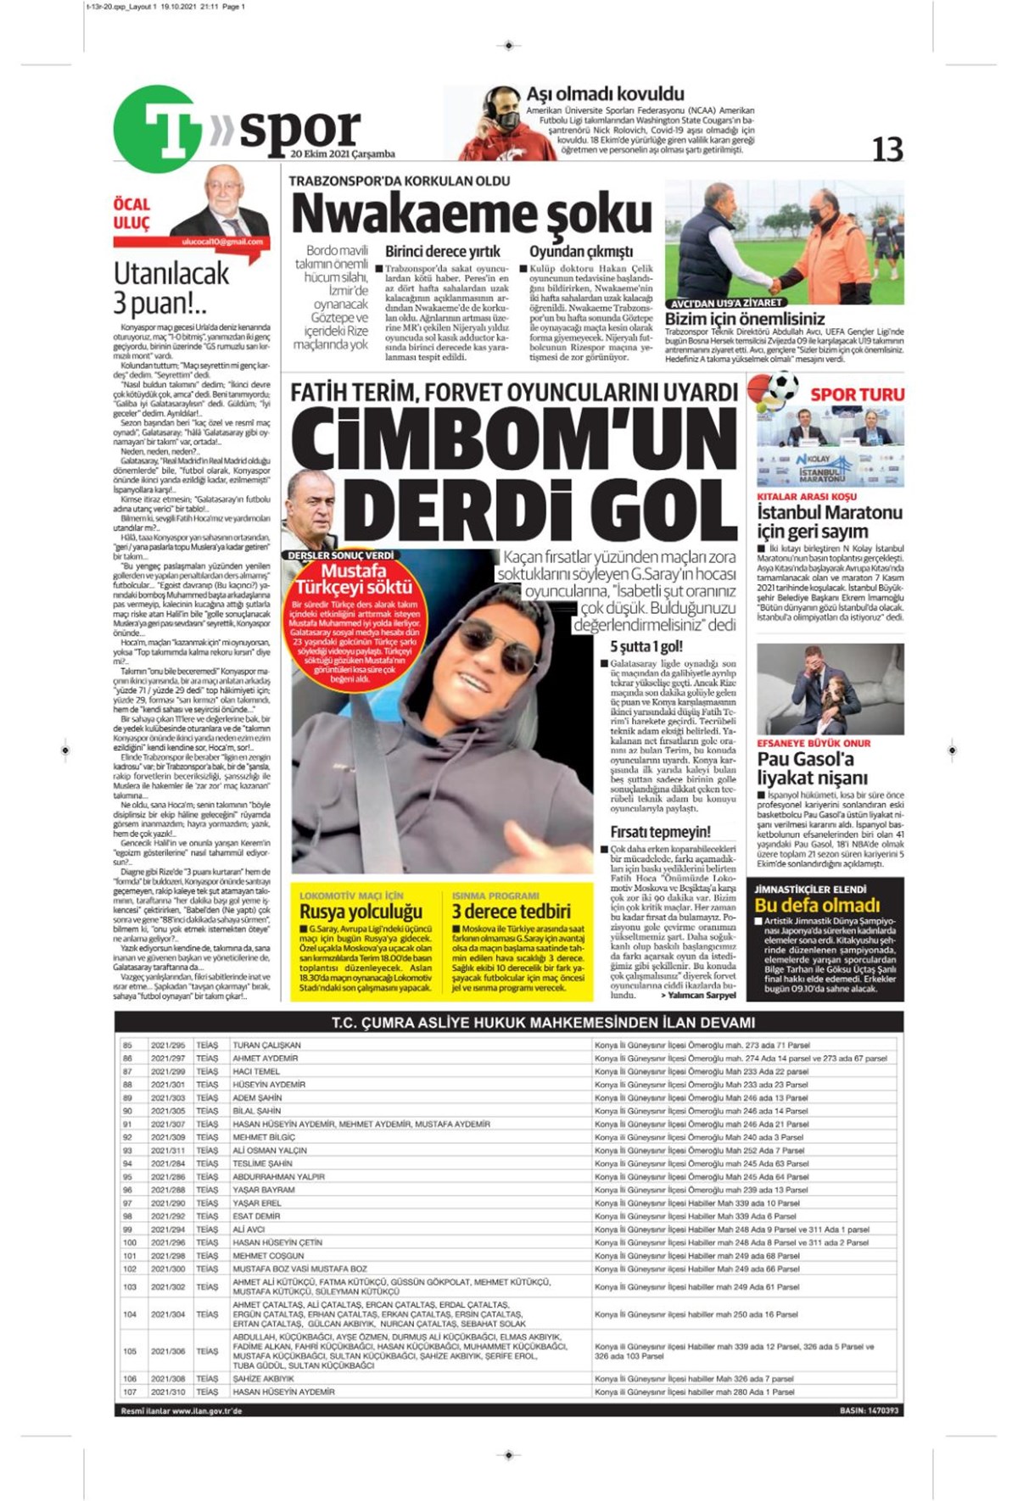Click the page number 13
click(887, 149)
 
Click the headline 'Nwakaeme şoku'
click(471, 214)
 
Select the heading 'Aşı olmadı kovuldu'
click(605, 93)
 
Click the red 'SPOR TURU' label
click(857, 394)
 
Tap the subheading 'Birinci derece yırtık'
click(442, 251)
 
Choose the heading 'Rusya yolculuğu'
click(361, 912)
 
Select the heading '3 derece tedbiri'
click(511, 912)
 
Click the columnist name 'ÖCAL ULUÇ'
click(131, 214)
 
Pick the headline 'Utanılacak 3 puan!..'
click(171, 287)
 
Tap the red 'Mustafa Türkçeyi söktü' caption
click(354, 579)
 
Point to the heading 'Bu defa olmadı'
click(817, 905)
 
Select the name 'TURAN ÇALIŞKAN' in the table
click(266, 1046)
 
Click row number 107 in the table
click(130, 1392)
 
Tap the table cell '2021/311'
click(168, 1151)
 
